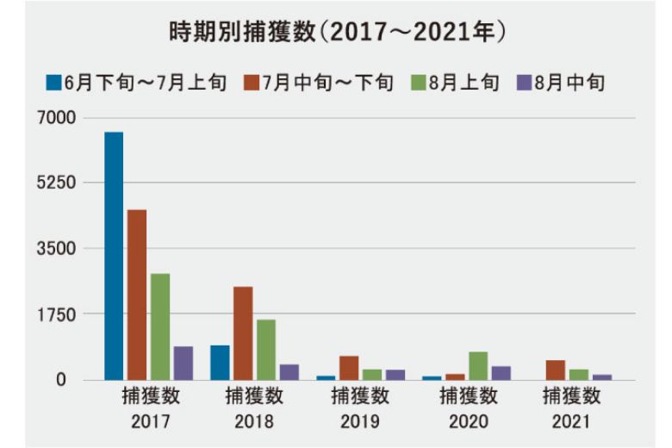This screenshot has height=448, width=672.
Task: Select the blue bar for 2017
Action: tap(114, 256)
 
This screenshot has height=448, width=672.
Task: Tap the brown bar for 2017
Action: tap(137, 295)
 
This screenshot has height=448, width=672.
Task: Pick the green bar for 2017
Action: tap(160, 327)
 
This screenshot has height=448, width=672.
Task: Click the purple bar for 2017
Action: tap(183, 363)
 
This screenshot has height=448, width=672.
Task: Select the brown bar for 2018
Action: tap(243, 333)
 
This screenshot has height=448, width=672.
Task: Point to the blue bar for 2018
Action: tap(220, 362)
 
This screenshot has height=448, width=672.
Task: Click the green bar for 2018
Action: tap(266, 350)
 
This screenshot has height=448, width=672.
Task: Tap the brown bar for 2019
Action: tap(349, 368)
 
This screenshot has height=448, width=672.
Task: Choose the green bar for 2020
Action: tap(478, 365)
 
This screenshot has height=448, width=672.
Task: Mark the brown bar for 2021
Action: tap(556, 370)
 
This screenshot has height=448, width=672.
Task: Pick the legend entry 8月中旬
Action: tap(561, 83)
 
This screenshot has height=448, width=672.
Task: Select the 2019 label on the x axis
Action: tap(360, 422)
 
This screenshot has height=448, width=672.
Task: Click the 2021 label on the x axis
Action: tap(571, 422)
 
